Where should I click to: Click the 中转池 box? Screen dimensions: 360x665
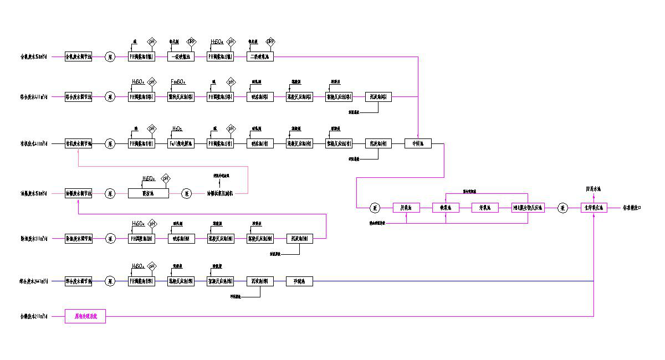tap(418, 143)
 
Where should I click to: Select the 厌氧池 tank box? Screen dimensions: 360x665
tap(406, 208)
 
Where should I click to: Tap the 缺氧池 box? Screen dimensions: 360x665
tap(446, 208)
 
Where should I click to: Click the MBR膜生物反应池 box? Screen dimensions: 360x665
tap(528, 208)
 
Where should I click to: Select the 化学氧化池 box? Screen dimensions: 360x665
tap(594, 208)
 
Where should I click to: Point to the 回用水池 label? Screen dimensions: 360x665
tap(594, 189)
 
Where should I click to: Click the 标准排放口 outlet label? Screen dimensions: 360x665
tap(633, 208)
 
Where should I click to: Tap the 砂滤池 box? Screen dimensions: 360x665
tap(300, 281)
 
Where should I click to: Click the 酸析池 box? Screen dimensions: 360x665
tap(148, 193)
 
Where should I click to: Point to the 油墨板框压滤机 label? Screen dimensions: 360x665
tap(220, 193)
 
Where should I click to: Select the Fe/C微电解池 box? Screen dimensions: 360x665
tap(180, 143)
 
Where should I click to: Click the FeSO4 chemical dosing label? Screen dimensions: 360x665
tap(178, 82)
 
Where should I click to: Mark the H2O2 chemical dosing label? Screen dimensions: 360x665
tap(177, 128)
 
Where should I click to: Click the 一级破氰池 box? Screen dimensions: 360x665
tap(180, 56)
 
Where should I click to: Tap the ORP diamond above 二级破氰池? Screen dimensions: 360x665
tap(270, 42)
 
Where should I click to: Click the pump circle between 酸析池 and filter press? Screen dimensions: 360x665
tap(188, 193)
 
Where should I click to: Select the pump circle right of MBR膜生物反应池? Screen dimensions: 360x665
tap(562, 208)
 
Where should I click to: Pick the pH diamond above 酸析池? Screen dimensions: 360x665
tap(165, 178)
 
